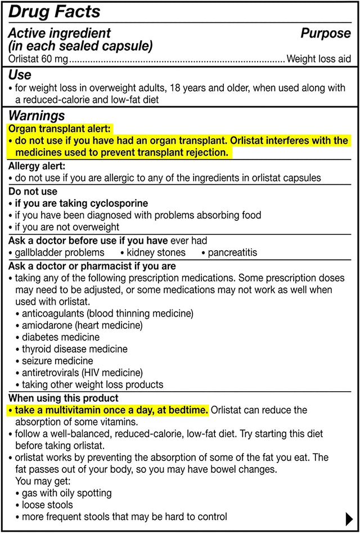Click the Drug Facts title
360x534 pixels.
(x=55, y=11)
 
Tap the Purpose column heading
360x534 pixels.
(x=325, y=33)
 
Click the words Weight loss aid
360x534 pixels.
(x=318, y=58)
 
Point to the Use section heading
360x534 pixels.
(x=20, y=75)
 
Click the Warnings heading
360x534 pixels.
(x=37, y=116)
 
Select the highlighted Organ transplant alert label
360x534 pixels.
(x=60, y=129)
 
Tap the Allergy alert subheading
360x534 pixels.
(x=37, y=166)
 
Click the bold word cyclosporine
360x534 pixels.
(x=116, y=203)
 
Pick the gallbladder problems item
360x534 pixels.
(x=60, y=252)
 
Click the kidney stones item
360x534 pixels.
(x=156, y=252)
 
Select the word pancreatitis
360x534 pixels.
(x=232, y=252)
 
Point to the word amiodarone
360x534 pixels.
(x=48, y=325)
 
